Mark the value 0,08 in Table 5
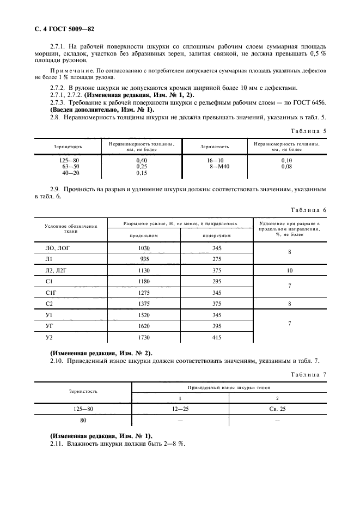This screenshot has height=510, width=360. click(x=287, y=167)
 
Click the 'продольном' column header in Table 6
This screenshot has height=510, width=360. click(x=144, y=235)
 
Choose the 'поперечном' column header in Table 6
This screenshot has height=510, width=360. click(x=217, y=235)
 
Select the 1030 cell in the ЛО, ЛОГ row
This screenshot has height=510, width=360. click(x=144, y=248)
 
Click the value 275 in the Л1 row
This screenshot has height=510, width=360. click(x=217, y=259)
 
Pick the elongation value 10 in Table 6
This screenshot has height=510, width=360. click(x=290, y=270)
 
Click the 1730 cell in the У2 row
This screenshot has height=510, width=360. click(x=144, y=338)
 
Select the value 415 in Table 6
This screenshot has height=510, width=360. click(x=217, y=338)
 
